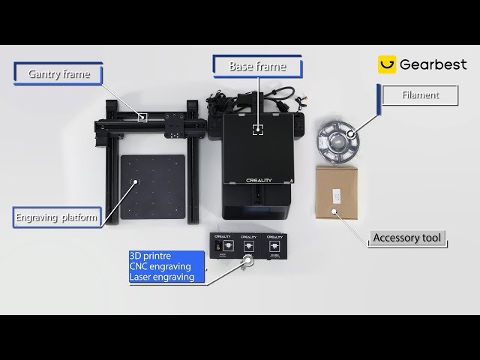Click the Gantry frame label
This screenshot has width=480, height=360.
coord(58,74)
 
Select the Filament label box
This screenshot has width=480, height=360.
coord(421,96)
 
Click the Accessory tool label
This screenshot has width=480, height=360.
coord(409,239)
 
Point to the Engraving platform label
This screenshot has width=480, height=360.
coord(57,219)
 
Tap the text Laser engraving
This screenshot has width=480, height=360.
coord(162,277)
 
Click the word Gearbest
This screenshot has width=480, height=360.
coord(433,64)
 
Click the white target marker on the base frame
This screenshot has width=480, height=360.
coord(258,129)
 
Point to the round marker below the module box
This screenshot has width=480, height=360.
coord(246,261)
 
